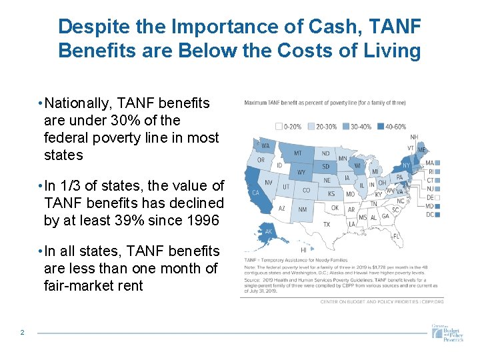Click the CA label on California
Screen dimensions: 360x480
coord(255,193)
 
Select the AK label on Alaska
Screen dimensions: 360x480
coord(268,232)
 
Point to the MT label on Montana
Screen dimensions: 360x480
coord(298,153)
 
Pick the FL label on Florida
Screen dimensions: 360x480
coord(396,236)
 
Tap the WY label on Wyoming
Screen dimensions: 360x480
coord(300,173)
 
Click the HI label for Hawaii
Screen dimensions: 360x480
coord(304,250)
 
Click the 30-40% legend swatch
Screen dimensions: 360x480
coord(348,125)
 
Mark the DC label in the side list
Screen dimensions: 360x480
coord(430,215)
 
